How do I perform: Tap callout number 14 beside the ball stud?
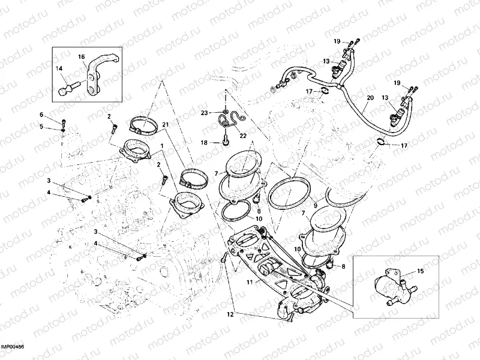point(59,69)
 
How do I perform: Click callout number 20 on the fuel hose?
point(370,98)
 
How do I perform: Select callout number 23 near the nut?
point(204,112)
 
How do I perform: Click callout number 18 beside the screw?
point(204,143)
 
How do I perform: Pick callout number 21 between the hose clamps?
point(165,124)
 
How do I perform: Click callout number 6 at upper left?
point(41,115)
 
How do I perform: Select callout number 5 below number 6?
point(41,126)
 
